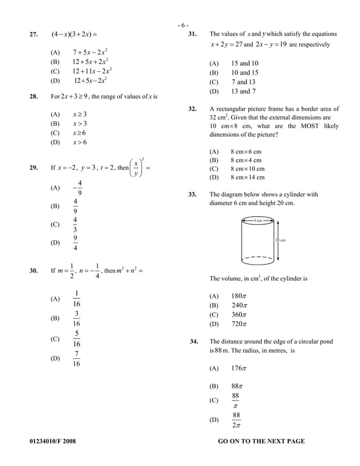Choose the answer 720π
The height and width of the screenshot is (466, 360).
point(239,324)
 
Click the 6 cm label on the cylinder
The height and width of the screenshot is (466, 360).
point(257,220)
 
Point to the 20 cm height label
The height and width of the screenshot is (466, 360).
point(280,240)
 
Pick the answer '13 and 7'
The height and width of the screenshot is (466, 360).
point(244,91)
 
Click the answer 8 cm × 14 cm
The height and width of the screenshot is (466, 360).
point(246,177)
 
